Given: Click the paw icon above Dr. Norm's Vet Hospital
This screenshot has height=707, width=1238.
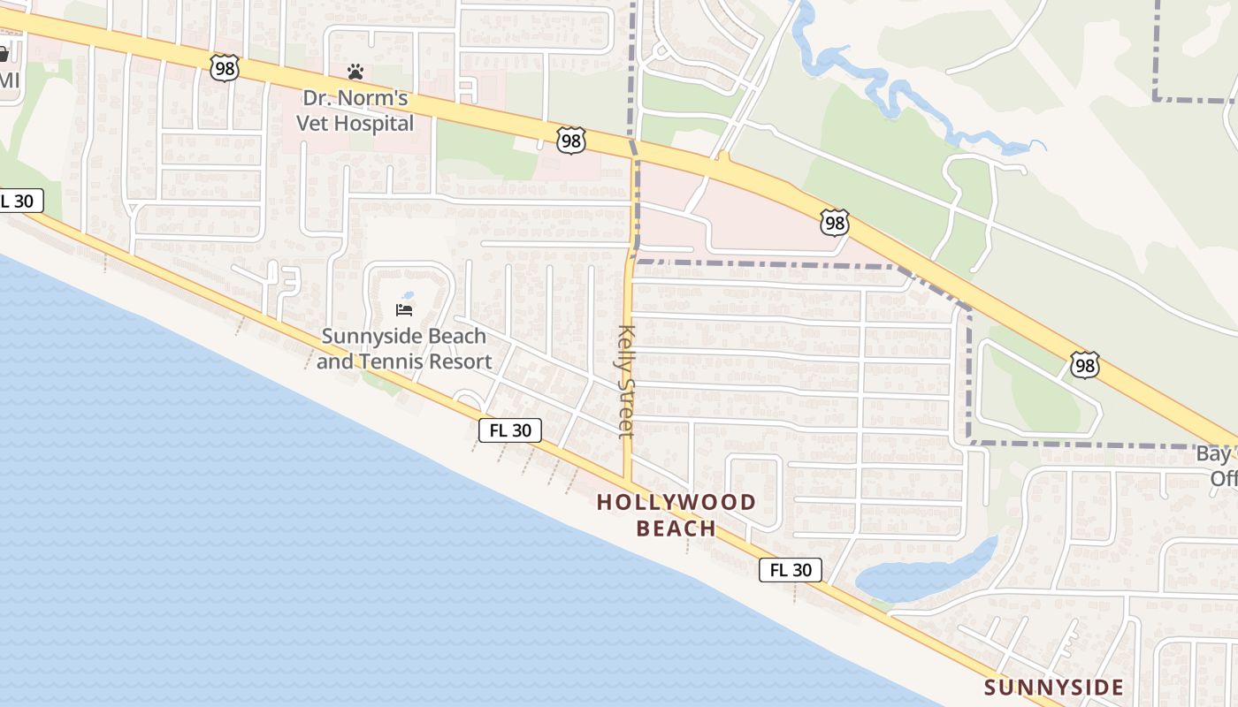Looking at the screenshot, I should [x=355, y=71].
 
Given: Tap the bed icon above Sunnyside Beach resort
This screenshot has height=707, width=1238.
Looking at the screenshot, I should [x=404, y=309].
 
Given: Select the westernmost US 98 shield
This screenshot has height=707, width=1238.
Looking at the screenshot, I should [x=225, y=67].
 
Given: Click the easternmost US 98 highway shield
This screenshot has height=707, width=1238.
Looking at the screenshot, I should [x=1084, y=364].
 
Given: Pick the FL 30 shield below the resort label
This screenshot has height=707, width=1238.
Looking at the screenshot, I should [x=510, y=430].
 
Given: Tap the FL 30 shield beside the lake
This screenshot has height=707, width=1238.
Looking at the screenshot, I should [x=790, y=570].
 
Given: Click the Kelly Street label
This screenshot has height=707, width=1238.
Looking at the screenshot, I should [x=626, y=381].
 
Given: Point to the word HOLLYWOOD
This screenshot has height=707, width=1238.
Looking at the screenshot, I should [x=676, y=503].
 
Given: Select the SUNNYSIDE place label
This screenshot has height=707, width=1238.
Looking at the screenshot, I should [x=1053, y=688].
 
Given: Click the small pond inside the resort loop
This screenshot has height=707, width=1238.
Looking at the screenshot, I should [x=407, y=295].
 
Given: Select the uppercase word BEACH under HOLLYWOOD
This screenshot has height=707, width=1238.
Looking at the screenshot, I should [x=676, y=528].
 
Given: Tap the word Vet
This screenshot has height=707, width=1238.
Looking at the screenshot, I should [x=312, y=123].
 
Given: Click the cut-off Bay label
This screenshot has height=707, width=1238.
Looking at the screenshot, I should [x=1217, y=454].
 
